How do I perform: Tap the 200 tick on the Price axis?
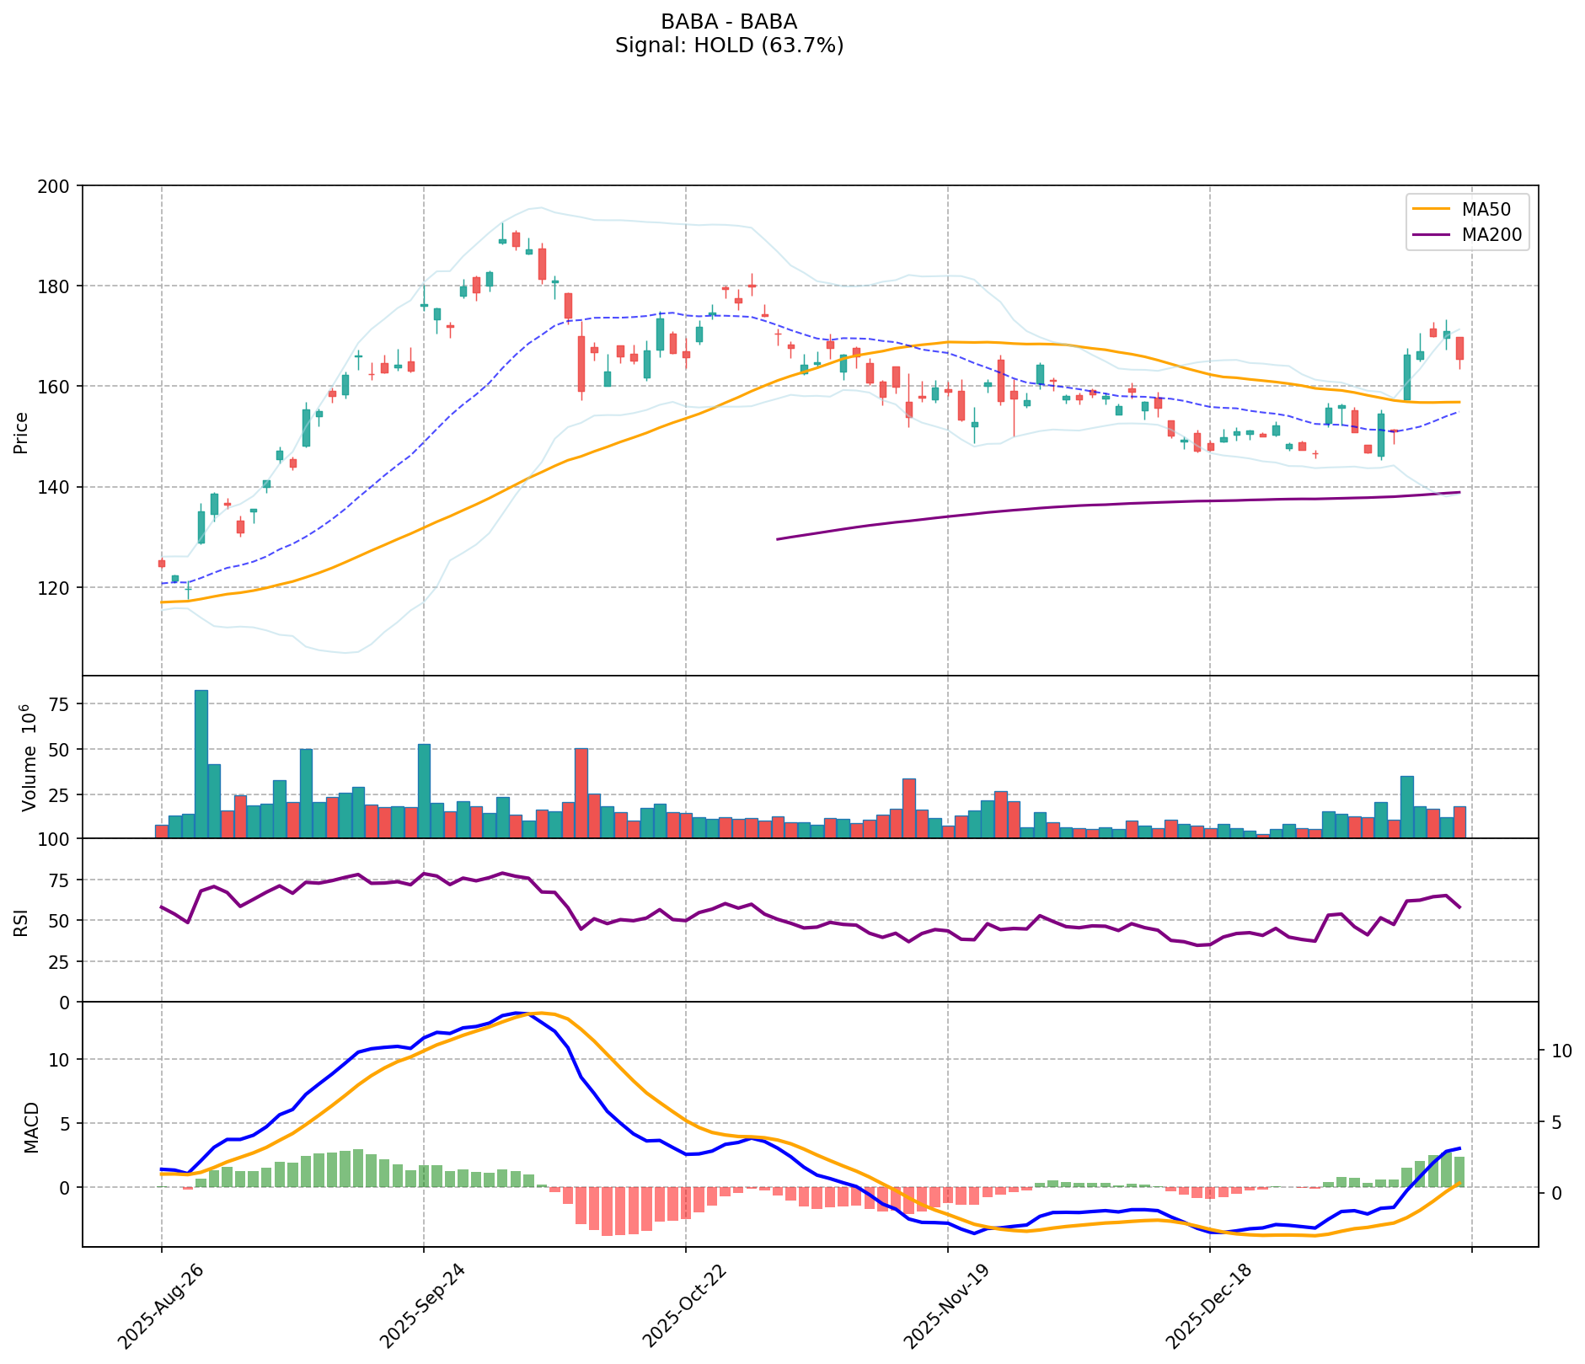[x=60, y=185]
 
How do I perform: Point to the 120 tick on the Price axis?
[x=60, y=587]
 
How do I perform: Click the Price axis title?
[x=22, y=432]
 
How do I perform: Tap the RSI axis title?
[x=22, y=922]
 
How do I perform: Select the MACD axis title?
[x=31, y=1126]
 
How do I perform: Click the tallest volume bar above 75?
[x=201, y=763]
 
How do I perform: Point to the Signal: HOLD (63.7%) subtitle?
[x=729, y=45]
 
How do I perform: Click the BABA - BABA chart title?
[x=729, y=21]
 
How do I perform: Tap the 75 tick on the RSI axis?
[x=60, y=880]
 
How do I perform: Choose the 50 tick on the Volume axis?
[x=60, y=749]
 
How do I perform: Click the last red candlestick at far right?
[x=1459, y=349]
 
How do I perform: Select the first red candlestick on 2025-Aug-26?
[x=162, y=564]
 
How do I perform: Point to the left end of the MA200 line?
[x=777, y=539]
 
